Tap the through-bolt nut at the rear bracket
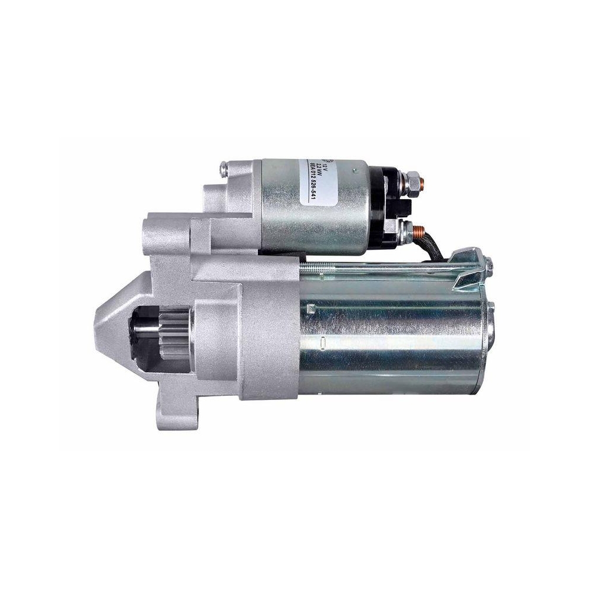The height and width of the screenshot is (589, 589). click(488, 267)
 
